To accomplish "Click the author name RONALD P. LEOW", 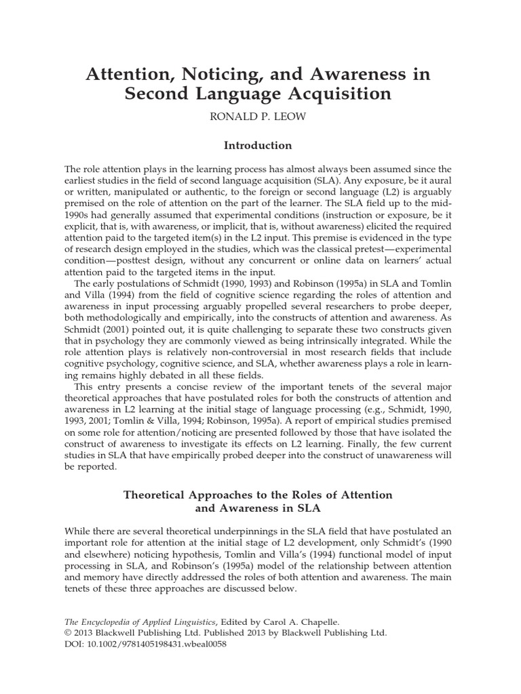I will pyautogui.click(x=260, y=116).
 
